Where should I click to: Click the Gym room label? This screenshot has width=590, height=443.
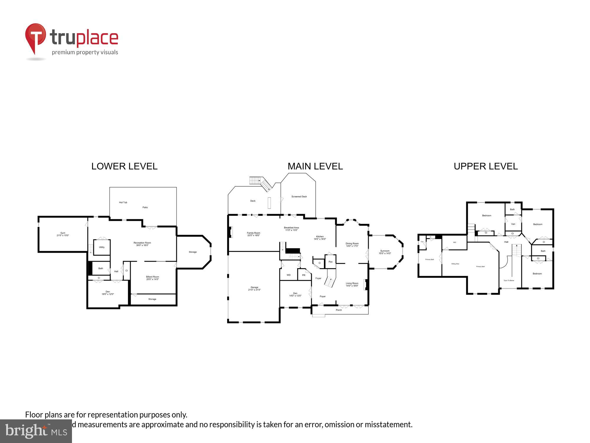point(63,233)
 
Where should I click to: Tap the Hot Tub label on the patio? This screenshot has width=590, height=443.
point(123,202)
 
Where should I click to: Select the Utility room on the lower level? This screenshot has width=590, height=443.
point(102,247)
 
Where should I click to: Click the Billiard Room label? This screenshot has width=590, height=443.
point(153,277)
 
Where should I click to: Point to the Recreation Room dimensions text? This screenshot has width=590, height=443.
point(142,245)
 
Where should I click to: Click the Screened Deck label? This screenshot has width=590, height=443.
point(299,196)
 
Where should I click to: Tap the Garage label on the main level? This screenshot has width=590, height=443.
point(254,287)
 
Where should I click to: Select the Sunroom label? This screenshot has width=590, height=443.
point(385,251)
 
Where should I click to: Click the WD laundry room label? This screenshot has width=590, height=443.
point(289,275)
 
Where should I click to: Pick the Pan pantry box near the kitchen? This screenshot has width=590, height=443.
point(330,262)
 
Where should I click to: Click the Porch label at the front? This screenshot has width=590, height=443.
point(339,310)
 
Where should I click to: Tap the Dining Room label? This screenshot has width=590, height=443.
point(352,243)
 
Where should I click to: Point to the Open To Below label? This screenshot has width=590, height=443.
point(509,280)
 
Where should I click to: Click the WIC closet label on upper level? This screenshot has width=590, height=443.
point(455,242)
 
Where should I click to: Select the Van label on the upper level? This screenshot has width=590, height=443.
point(513,224)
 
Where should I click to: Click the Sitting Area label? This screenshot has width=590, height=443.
point(455,264)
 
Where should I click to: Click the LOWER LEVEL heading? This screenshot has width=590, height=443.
point(124,166)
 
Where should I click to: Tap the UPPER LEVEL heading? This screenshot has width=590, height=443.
point(486,166)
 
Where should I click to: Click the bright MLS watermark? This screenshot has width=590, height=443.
point(36,431)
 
